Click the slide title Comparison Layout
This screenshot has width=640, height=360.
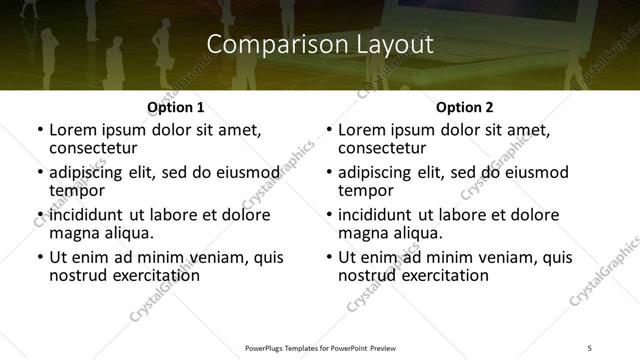point(320,45)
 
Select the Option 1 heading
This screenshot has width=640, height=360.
point(175,107)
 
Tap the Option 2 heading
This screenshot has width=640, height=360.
point(465,107)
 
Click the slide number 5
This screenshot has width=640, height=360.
point(589,347)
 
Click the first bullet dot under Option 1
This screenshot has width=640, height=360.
point(40,131)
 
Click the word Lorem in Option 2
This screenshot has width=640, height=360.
point(361,130)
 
